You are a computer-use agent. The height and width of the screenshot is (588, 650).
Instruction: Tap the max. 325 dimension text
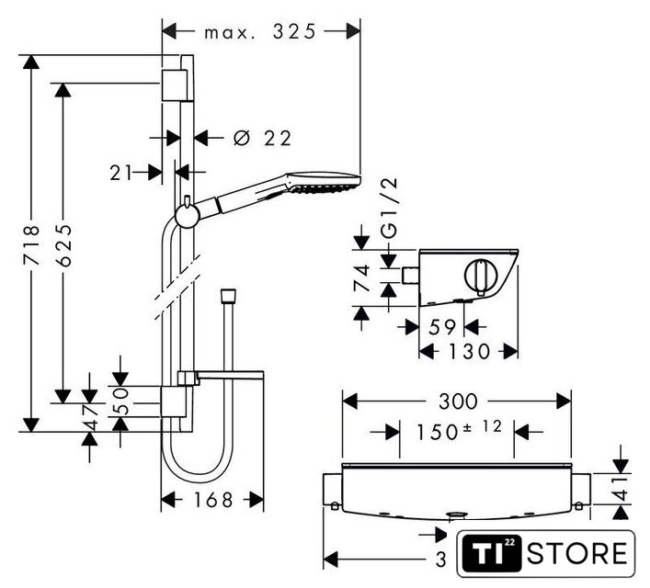(x=260, y=31)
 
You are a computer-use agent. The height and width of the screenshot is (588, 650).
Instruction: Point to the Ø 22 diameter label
(x=262, y=139)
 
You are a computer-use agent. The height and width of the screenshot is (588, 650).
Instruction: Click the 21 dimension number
(x=118, y=171)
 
